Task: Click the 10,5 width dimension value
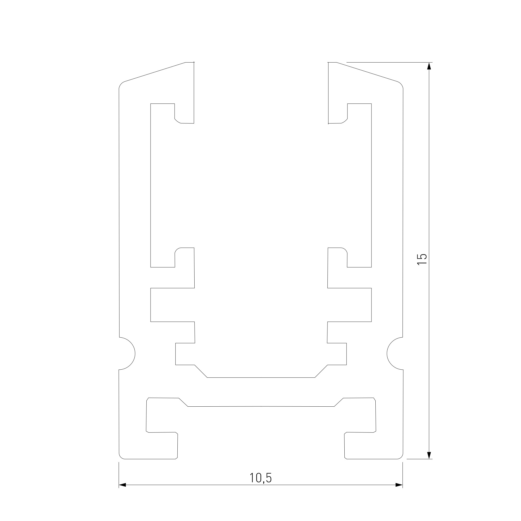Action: [260, 477]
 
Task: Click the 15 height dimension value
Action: [422, 259]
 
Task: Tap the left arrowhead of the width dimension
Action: [122, 485]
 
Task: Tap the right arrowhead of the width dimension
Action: [399, 485]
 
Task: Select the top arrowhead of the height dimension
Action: [429, 66]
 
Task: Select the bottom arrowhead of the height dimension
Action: [429, 455]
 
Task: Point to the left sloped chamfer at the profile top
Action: [155, 72]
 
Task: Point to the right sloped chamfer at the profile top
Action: [367, 72]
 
